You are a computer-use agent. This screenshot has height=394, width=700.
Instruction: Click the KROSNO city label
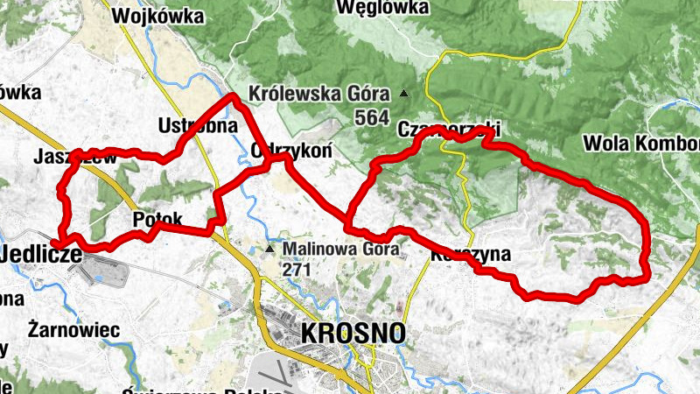tap(353, 333)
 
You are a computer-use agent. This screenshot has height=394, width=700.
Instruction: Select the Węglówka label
tap(382, 8)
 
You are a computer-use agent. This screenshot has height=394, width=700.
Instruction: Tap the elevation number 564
tap(374, 116)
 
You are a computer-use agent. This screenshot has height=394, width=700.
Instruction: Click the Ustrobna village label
tap(199, 125)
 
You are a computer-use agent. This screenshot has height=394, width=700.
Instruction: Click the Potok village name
tap(157, 218)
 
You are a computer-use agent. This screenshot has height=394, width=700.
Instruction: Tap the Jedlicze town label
tap(42, 254)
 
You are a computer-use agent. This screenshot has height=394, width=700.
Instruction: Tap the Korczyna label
tap(471, 257)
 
